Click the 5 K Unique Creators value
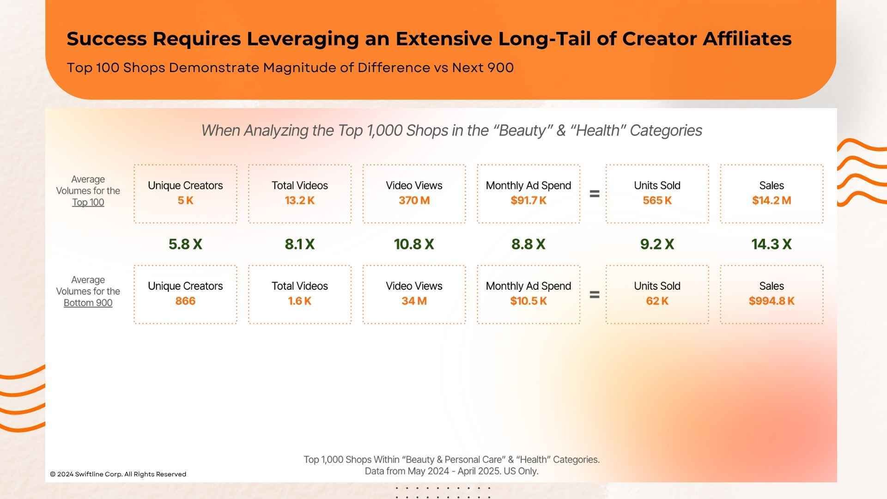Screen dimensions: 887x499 click(185, 201)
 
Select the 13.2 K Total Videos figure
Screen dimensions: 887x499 click(299, 201)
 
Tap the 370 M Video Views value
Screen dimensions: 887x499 click(414, 201)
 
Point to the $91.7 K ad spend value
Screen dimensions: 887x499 click(529, 201)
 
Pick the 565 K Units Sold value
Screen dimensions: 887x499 click(657, 201)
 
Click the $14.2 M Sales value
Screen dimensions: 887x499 click(772, 201)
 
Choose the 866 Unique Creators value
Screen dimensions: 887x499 click(185, 301)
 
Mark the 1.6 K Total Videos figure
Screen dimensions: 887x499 click(299, 301)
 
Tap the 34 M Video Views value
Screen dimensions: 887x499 click(414, 301)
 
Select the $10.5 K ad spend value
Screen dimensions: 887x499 click(529, 301)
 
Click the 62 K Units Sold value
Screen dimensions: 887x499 click(657, 301)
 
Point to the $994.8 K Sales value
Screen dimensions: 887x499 click(772, 301)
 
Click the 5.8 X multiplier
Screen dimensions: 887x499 click(185, 244)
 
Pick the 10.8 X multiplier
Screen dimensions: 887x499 click(414, 244)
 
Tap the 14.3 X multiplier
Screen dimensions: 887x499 click(772, 244)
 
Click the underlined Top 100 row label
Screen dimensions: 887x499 click(88, 202)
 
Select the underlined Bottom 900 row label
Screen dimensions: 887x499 click(88, 303)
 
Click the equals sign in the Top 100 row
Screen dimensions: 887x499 click(595, 194)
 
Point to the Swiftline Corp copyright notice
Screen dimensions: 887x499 click(118, 474)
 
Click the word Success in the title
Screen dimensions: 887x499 click(107, 39)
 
